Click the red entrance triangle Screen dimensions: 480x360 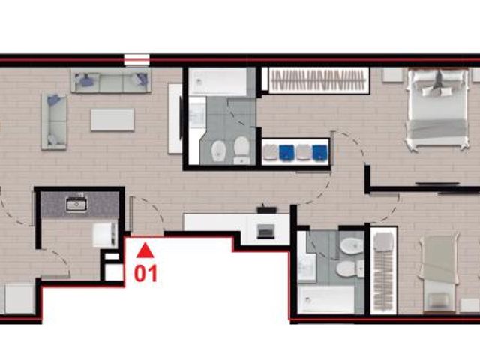click(x=145, y=250)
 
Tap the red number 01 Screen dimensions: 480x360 click(x=145, y=273)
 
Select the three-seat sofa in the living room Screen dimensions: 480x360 click(x=111, y=80)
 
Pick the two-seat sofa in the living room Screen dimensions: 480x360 click(x=54, y=121)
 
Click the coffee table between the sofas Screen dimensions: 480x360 click(x=112, y=120)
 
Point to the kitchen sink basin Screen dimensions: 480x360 click(x=76, y=205)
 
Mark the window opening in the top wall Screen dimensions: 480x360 click(x=136, y=60)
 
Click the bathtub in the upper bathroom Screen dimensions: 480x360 click(x=217, y=82)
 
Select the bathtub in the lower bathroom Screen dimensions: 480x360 click(x=326, y=299)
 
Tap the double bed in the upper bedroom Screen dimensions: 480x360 click(x=436, y=108)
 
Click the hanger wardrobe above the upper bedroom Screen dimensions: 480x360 click(x=319, y=80)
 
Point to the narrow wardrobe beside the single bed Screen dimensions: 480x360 click(x=383, y=271)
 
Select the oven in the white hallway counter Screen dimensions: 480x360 click(x=265, y=231)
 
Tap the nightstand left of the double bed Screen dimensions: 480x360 click(x=392, y=75)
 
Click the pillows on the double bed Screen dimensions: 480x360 click(x=437, y=85)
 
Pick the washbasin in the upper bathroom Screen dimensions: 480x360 click(x=197, y=112)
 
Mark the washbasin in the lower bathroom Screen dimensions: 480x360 click(x=307, y=267)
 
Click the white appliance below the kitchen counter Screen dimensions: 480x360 click(x=105, y=235)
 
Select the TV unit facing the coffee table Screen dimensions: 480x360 click(x=175, y=118)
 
